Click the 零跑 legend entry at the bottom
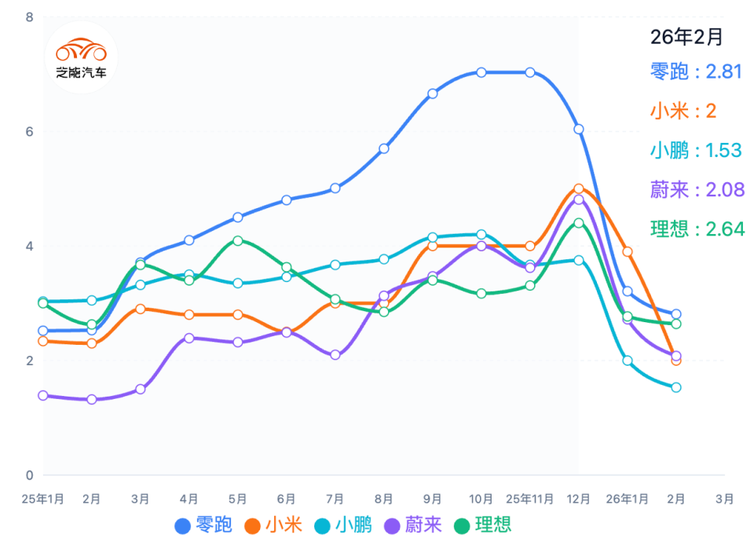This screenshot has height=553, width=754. (x=203, y=525)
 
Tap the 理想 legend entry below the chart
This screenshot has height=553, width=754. (x=483, y=525)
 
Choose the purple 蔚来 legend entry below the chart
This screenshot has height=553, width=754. (x=413, y=525)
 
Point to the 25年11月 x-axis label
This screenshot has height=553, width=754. (x=530, y=498)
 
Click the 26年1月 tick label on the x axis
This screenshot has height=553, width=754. (x=628, y=498)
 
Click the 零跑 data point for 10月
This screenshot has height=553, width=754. (x=481, y=72)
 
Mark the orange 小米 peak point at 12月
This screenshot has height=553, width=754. (x=579, y=189)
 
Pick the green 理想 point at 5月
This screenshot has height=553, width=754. (x=238, y=240)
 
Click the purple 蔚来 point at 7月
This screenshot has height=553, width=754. (x=335, y=355)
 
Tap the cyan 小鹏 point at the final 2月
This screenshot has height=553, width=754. (x=675, y=387)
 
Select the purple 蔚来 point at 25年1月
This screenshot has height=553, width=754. (x=43, y=395)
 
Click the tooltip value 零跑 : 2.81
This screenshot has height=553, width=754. (x=696, y=71)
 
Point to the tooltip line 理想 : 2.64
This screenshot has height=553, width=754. (x=696, y=229)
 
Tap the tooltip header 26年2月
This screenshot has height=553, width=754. (x=686, y=36)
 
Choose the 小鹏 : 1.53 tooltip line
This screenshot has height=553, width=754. (x=696, y=150)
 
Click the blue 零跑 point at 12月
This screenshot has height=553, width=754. (x=579, y=129)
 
